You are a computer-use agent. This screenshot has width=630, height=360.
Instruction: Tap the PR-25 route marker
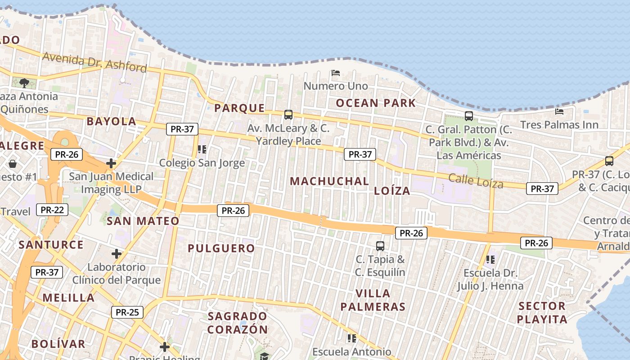pos(127,312)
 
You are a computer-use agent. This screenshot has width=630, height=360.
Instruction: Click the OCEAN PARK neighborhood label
pos(376,103)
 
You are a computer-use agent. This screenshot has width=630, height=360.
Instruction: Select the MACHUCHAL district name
pos(329,181)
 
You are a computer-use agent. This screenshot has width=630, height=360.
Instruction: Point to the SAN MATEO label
pos(143,221)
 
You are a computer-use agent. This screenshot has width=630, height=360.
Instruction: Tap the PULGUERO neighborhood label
pos(221,248)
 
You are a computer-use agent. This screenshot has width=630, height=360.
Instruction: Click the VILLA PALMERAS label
pos(373,300)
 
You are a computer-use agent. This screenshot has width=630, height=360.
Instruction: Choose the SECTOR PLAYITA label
pos(542,313)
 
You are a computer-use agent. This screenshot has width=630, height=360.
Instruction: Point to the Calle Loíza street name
pos(476,180)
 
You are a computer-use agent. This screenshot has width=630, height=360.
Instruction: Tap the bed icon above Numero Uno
pos(335,72)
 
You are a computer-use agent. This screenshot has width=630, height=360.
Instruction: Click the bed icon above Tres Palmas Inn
pos(559,111)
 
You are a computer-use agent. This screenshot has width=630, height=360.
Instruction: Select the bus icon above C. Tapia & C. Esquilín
pos(380,246)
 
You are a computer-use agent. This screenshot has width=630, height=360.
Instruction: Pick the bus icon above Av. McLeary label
pos(288,115)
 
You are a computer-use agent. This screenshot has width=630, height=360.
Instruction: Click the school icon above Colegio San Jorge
pos(202,149)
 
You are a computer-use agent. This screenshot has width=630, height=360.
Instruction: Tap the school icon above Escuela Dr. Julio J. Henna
pos(490,259)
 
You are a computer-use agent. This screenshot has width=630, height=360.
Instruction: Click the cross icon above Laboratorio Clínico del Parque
pos(117,254)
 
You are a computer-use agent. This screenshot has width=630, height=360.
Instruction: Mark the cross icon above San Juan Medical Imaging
pos(111,163)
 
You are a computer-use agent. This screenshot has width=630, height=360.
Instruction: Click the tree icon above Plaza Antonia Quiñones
pos(24,83)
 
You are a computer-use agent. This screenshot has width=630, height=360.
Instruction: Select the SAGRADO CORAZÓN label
pos(238,323)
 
